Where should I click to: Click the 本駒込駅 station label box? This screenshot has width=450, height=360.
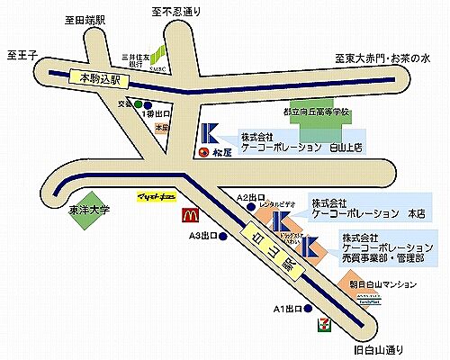[x=100, y=79]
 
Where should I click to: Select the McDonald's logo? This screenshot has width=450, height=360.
[x=191, y=215]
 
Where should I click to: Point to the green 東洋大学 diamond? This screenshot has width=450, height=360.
[x=90, y=209]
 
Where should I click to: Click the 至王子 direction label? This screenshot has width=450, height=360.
[x=21, y=55]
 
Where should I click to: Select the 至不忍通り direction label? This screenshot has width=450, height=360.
[x=178, y=12]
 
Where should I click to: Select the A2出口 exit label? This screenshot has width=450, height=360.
[x=252, y=196]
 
